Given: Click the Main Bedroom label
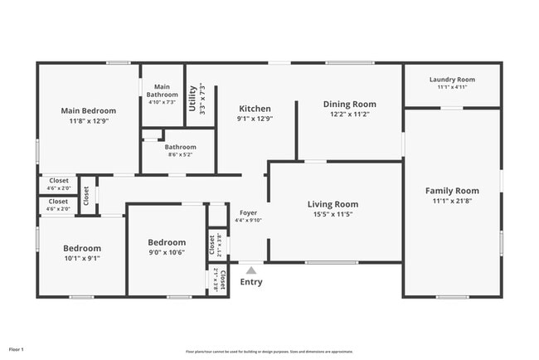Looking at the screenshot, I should pyautogui.click(x=89, y=110).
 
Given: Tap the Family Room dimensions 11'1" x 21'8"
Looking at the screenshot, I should pyautogui.click(x=452, y=201).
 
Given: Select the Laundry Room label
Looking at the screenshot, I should pyautogui.click(x=452, y=80).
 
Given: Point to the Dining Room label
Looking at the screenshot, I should pyautogui.click(x=349, y=105).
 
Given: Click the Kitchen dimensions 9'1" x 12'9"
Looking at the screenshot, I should pyautogui.click(x=255, y=119).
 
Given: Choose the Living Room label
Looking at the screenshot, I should pyautogui.click(x=333, y=204).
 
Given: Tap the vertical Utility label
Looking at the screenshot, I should pyautogui.click(x=193, y=97).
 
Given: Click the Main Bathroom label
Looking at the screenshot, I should pyautogui.click(x=163, y=90).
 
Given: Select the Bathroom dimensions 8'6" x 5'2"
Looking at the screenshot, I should pyautogui.click(x=180, y=154).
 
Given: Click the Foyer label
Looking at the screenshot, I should pyautogui.click(x=248, y=212).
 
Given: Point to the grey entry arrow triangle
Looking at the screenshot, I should pyautogui.click(x=251, y=269).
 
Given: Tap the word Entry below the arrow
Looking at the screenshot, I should pyautogui.click(x=251, y=282).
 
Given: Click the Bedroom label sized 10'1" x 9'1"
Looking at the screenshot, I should pyautogui.click(x=82, y=248).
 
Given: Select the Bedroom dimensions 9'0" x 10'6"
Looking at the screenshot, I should pyautogui.click(x=166, y=252).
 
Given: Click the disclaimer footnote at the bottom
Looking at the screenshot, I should pyautogui.click(x=269, y=351).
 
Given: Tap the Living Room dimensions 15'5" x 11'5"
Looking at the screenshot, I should pyautogui.click(x=333, y=214).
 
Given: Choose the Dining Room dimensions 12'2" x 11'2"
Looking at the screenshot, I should pyautogui.click(x=349, y=114).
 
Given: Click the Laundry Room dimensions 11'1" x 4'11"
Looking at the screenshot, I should pyautogui.click(x=452, y=87).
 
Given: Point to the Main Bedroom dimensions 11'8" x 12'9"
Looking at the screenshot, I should pyautogui.click(x=89, y=120).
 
